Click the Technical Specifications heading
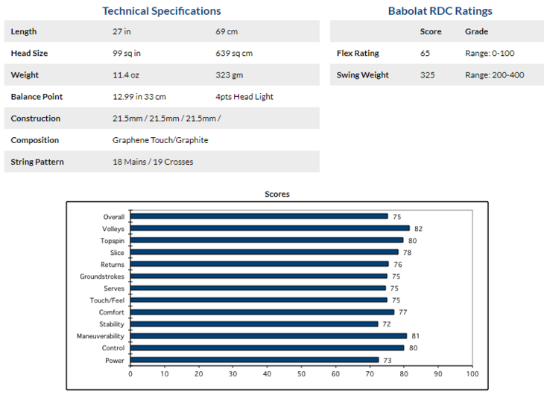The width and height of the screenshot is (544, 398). [x=161, y=10]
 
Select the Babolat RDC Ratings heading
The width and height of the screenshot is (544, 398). [x=440, y=10]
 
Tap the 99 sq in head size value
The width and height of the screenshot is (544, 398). [x=127, y=54]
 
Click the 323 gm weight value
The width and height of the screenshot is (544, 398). [x=228, y=75]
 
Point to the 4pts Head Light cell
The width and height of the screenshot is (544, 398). [x=244, y=97]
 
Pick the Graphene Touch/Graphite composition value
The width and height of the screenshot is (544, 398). [x=160, y=140]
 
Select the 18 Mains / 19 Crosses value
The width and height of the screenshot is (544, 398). [x=153, y=162]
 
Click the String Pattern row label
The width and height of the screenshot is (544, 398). [x=37, y=162]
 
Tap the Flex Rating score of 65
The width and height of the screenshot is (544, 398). [x=426, y=54]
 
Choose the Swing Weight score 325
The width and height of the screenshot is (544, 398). [x=428, y=75]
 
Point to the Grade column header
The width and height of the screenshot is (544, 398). [x=476, y=32]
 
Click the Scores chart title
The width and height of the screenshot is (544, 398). [x=277, y=194]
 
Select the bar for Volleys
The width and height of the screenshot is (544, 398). [x=270, y=229]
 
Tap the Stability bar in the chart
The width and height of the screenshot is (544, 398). [x=254, y=324]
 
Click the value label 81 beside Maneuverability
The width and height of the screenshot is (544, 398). [x=415, y=336]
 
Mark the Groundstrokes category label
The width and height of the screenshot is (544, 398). [x=102, y=277]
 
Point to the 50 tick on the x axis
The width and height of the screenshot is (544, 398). [x=301, y=373]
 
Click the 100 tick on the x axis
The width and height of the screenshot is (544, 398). [x=472, y=373]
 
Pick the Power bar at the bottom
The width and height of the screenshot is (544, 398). [x=255, y=360]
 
